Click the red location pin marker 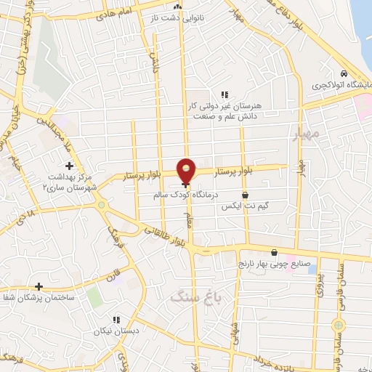[187, 169]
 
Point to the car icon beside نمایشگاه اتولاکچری [343, 73]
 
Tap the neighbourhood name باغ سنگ [189, 295]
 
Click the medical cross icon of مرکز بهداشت [69, 166]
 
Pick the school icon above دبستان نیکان [115, 320]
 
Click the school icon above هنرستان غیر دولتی [225, 94]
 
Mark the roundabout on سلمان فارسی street [336, 325]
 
